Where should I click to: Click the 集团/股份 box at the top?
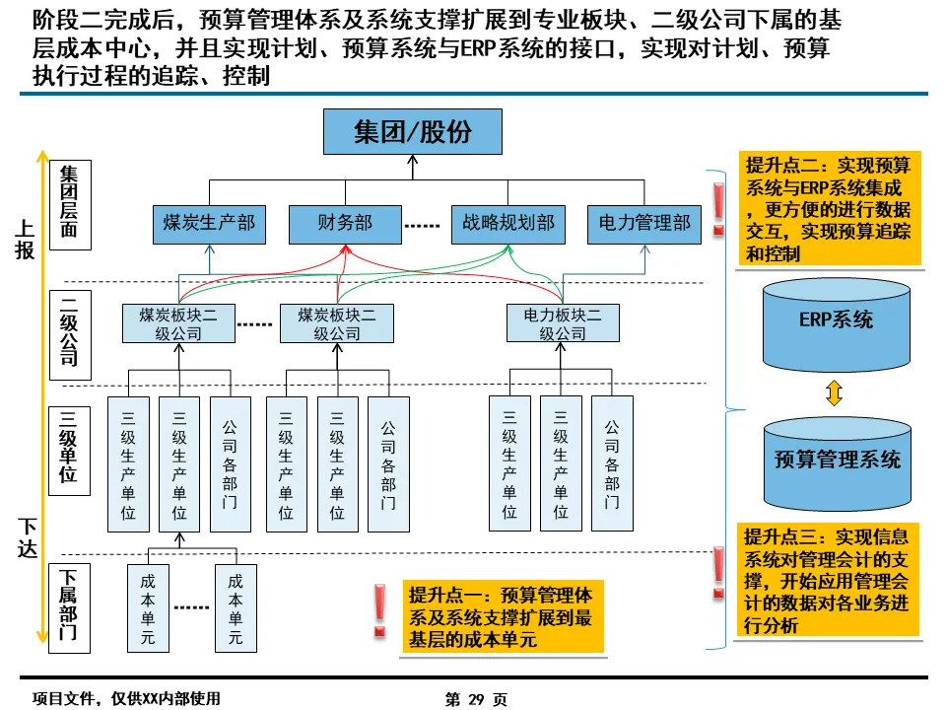pyautogui.click(x=413, y=131)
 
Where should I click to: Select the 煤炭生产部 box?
pyautogui.click(x=209, y=224)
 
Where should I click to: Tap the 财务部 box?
pyautogui.click(x=345, y=224)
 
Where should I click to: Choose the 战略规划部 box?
pyautogui.click(x=507, y=224)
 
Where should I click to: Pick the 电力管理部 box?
pyautogui.click(x=643, y=224)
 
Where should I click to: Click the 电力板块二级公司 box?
pyautogui.click(x=562, y=323)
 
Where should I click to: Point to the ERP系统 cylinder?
pyautogui.click(x=836, y=320)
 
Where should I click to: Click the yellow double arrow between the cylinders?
pyautogui.click(x=835, y=393)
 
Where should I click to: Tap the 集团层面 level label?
pyautogui.click(x=69, y=205)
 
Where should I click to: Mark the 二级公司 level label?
pyautogui.click(x=69, y=331)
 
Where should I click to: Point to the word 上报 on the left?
pyautogui.click(x=25, y=240)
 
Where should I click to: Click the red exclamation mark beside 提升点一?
pyautogui.click(x=379, y=610)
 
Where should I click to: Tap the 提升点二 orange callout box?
pyautogui.click(x=829, y=209)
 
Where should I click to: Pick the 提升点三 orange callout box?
pyautogui.click(x=829, y=581)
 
